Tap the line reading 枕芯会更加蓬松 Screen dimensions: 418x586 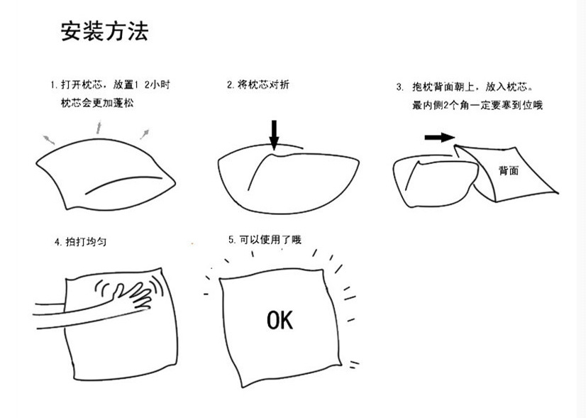pos(97,104)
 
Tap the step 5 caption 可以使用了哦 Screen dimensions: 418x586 pos(265,241)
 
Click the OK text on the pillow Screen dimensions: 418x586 pos(280,320)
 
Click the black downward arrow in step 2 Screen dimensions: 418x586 pos(274,133)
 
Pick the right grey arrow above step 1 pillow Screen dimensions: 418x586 pos(145,133)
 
